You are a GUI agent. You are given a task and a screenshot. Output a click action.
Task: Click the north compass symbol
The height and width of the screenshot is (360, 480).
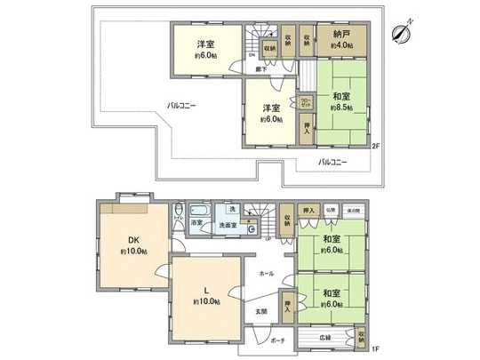point(399,33)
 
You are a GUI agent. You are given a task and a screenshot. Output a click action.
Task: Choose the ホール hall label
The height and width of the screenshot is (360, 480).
point(267,273)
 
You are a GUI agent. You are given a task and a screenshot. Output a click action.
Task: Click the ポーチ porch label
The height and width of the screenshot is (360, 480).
point(277,340)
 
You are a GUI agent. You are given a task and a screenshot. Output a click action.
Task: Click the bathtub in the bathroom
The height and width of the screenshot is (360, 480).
point(197,212)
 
